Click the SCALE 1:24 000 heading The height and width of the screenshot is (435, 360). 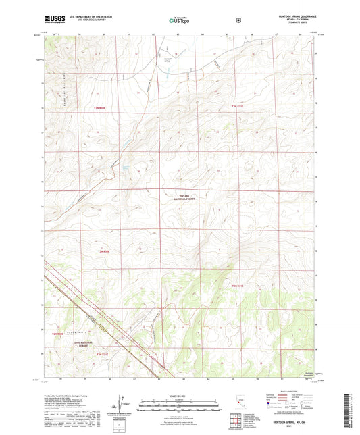180,395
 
